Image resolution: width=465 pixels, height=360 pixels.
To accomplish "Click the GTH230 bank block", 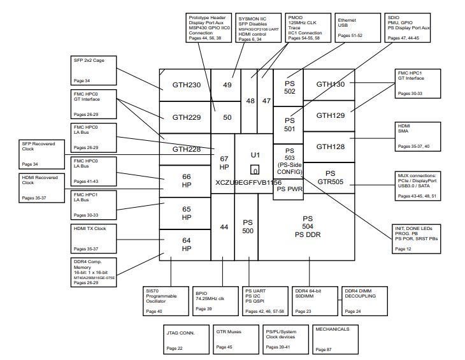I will click(x=186, y=85).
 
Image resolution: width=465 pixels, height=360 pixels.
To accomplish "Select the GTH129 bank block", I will click(x=330, y=115).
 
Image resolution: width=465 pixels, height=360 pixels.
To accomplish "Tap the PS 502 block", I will click(x=290, y=87).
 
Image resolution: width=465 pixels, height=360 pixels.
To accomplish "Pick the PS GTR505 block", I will click(x=330, y=177).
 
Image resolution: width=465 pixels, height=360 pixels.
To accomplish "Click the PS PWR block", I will click(x=289, y=189).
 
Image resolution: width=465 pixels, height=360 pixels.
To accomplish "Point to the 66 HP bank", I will click(x=186, y=181).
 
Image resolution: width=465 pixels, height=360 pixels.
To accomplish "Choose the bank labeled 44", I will click(x=224, y=227).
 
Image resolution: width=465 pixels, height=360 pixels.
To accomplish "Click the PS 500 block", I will click(x=247, y=227).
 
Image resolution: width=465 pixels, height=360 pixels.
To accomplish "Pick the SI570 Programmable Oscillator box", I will click(x=165, y=300).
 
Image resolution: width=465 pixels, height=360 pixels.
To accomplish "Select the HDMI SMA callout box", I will click(x=417, y=136).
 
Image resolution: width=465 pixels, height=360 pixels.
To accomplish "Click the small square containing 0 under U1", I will click(x=254, y=170).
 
